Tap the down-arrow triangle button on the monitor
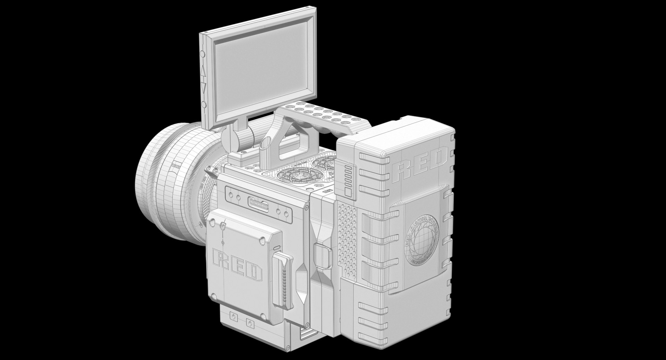coord(203,87)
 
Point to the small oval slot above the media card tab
coord(276,248)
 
